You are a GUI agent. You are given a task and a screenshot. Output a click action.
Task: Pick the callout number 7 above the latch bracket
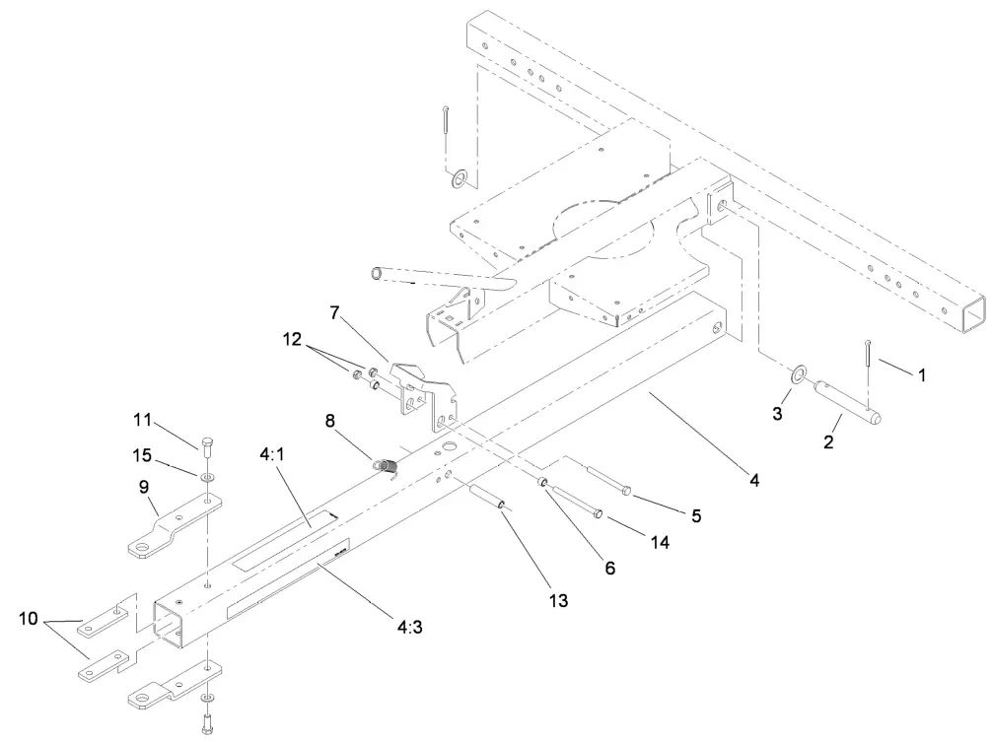pyautogui.click(x=334, y=314)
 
